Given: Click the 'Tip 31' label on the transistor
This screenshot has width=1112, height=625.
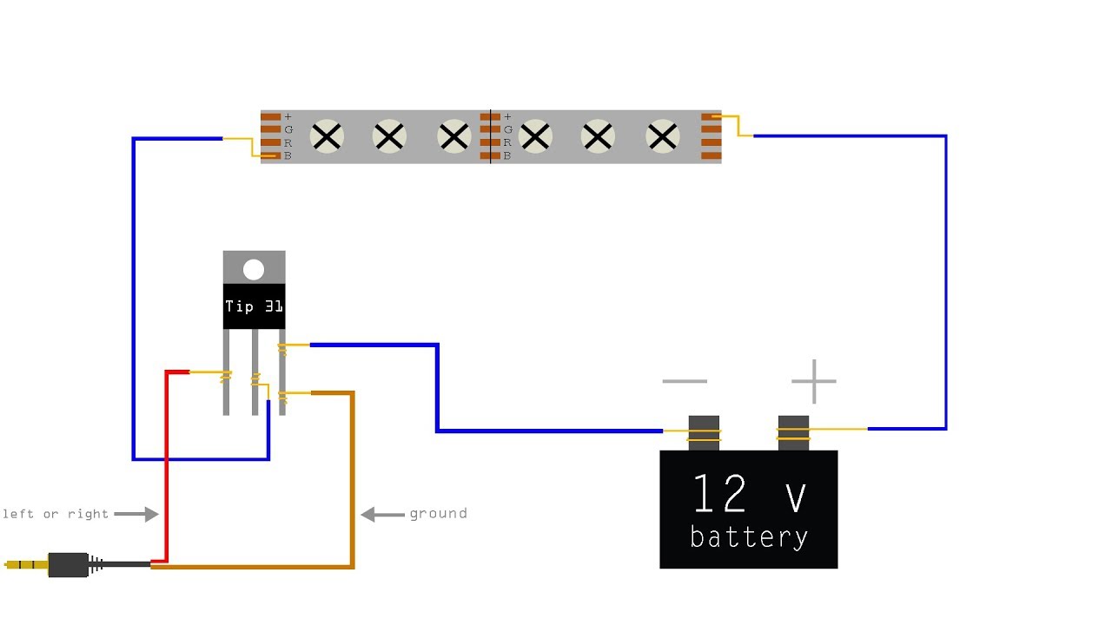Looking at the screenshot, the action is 254,306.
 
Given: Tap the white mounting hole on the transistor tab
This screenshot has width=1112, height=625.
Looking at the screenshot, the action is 254,270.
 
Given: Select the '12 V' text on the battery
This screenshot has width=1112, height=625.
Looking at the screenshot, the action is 749,493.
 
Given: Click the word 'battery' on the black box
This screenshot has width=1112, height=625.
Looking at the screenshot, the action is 749,536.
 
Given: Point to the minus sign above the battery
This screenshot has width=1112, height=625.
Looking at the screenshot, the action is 685,381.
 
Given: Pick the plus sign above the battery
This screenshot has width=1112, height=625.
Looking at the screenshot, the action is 814,381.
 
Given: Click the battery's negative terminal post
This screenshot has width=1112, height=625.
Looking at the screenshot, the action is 704,433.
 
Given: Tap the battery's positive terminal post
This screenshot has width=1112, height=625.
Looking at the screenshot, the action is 793,433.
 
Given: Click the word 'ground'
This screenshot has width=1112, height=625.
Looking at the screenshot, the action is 439,513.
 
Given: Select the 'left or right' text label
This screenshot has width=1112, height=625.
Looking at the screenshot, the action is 56,513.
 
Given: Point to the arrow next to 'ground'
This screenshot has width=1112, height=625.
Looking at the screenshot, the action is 382,515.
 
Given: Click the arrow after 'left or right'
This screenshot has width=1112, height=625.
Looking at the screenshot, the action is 136,514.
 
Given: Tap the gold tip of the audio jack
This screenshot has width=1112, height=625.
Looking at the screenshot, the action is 26,564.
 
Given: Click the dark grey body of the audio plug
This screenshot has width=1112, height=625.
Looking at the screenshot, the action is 69,565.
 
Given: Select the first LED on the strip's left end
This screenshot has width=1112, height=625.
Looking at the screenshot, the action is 327,136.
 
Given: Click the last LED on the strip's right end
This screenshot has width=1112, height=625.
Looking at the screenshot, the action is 663,136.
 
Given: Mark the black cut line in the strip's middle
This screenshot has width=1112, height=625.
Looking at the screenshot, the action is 491,136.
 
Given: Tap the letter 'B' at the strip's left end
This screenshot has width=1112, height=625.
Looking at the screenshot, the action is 288,155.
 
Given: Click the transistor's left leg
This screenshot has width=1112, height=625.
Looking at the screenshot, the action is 227,372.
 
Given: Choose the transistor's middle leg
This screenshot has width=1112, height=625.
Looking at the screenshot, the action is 255,372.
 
